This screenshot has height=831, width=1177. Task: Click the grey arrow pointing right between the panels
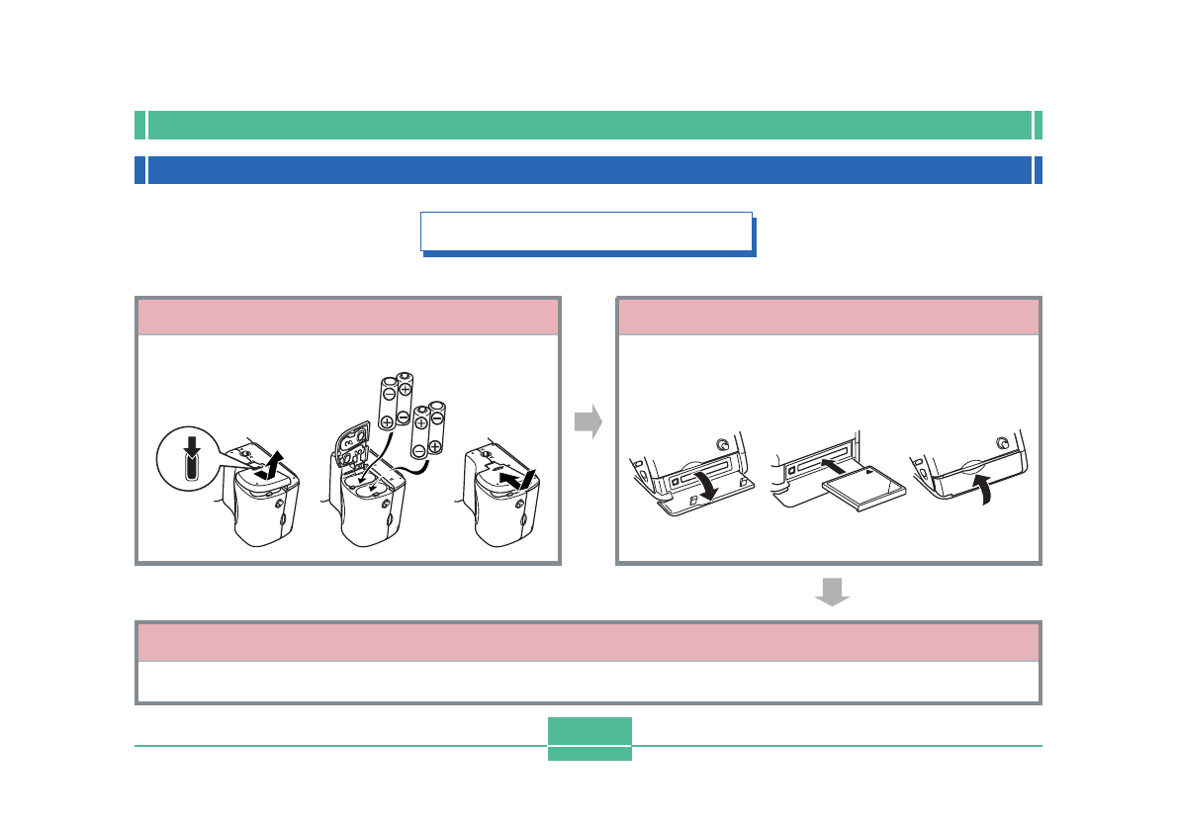click(x=588, y=421)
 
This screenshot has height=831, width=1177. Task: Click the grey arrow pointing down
click(x=832, y=592)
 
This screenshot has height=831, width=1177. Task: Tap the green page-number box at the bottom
click(x=589, y=738)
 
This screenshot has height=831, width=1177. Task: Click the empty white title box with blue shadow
click(x=586, y=231)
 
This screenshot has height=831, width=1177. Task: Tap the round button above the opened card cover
click(x=725, y=445)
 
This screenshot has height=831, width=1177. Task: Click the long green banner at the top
click(x=589, y=125)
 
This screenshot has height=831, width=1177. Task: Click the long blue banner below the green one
click(x=589, y=170)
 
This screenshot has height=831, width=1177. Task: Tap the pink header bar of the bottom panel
click(x=588, y=642)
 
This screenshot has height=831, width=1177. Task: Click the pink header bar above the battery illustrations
click(x=348, y=318)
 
